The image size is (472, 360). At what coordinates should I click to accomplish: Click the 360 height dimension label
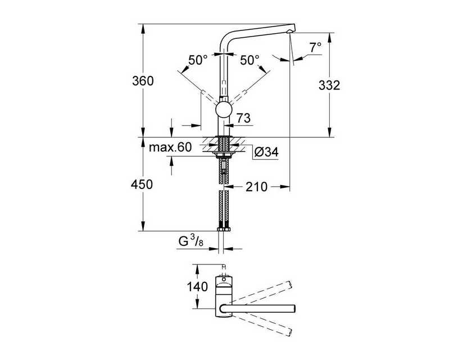[143, 81]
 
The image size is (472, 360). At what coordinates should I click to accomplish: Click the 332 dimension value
[329, 85]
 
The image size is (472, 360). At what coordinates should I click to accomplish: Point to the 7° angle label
[315, 47]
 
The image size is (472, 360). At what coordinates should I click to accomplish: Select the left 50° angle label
[198, 60]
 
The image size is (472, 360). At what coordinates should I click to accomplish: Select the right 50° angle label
[249, 60]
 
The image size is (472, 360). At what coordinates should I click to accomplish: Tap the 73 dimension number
[243, 118]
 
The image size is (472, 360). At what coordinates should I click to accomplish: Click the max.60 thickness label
[170, 147]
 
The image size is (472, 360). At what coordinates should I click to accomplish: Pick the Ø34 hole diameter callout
[266, 152]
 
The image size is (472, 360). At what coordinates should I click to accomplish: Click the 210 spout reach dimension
[256, 187]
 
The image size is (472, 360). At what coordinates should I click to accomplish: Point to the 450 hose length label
[142, 184]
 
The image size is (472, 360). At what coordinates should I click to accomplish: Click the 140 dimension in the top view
[197, 287]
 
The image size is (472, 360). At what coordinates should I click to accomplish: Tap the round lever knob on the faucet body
[224, 110]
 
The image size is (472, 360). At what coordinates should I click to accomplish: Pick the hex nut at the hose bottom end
[224, 229]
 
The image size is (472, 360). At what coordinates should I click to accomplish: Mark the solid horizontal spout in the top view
[258, 308]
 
